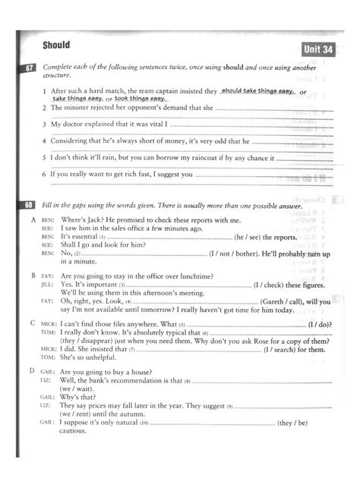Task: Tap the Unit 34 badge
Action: pyautogui.click(x=318, y=49)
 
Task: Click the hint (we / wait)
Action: pyautogui.click(x=76, y=387)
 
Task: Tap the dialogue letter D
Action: pyautogui.click(x=33, y=371)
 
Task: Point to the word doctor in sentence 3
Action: pyautogui.click(x=74, y=124)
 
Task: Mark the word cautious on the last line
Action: pyautogui.click(x=74, y=433)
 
